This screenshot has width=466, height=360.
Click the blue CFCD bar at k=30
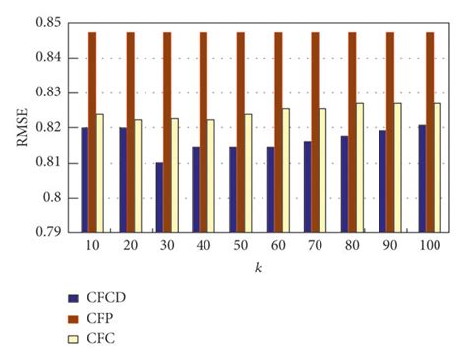click(x=159, y=198)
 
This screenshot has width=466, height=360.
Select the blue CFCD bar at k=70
click(x=308, y=187)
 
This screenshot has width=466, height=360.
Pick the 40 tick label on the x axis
click(x=202, y=244)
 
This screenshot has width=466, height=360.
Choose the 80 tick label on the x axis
click(x=351, y=244)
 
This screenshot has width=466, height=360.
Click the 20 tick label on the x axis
click(x=127, y=244)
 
